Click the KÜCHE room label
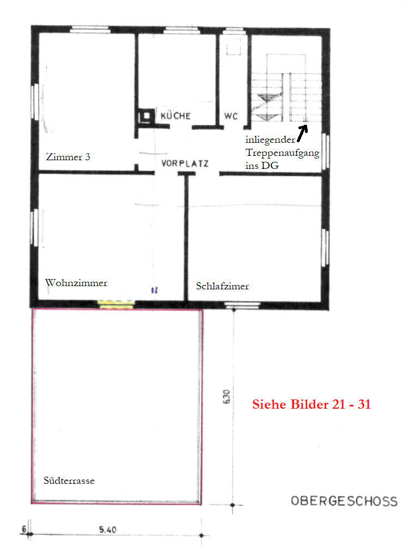tap(175, 116)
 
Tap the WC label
tap(230, 116)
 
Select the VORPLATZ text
tap(185, 163)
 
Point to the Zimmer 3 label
tap(68, 157)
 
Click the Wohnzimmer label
tap(76, 283)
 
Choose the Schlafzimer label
tap(222, 286)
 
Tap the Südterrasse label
tap(69, 481)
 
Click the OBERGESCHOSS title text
tap(344, 501)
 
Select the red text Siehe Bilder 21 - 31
tap(312, 405)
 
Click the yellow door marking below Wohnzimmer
tap(116, 304)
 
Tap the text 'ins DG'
tap(262, 166)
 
